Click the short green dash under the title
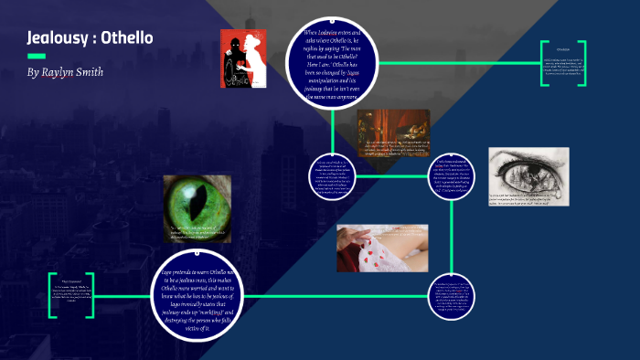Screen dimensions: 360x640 click(37, 56)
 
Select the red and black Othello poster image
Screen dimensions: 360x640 click(242, 58)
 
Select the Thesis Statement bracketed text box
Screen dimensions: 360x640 click(71, 294)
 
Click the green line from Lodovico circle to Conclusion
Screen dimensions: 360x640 click(457, 63)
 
